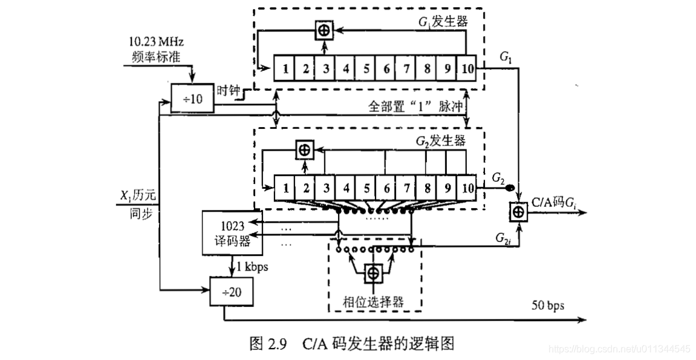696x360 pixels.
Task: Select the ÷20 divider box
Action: pos(230,293)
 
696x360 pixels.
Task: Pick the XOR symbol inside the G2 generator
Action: pos(305,148)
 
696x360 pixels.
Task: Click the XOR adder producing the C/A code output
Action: pos(519,212)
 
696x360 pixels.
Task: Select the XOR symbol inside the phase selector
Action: pos(373,273)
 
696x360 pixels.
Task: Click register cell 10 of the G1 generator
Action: pos(466,68)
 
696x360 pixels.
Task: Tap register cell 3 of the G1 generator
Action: pos(325,68)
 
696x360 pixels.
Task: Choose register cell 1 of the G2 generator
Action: pos(285,186)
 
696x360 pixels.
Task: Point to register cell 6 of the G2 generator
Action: pos(386,186)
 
